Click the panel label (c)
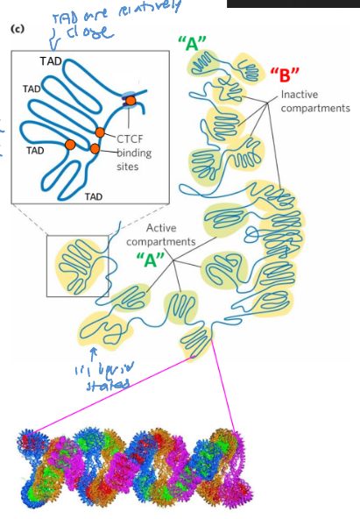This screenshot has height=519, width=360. [x=16, y=29]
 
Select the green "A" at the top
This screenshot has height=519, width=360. [x=193, y=43]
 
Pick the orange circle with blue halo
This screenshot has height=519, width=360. [x=130, y=100]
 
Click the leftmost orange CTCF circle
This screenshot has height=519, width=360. [x=70, y=144]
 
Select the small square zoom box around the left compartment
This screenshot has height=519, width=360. [x=77, y=266]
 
